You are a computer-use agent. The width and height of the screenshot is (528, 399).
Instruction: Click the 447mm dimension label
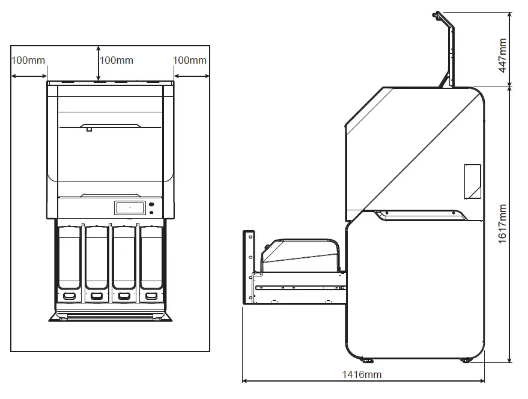tap(503, 55)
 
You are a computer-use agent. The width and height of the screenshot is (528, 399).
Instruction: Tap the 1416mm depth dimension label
tap(362, 374)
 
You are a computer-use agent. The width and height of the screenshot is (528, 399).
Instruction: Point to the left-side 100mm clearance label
tap(28, 60)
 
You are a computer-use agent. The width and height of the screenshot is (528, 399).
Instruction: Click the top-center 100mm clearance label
tap(116, 60)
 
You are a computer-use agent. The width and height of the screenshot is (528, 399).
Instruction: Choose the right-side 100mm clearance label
tap(189, 60)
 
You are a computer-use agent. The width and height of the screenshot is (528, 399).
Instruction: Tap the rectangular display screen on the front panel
tap(129, 208)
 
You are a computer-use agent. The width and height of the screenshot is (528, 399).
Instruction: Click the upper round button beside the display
tap(151, 205)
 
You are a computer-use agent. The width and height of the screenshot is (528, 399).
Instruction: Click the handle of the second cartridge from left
tap(96, 295)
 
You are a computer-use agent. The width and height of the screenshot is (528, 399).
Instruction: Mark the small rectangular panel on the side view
tap(472, 181)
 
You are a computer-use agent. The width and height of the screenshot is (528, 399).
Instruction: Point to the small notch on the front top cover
tap(88, 129)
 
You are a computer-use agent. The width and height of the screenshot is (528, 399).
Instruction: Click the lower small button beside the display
tap(151, 213)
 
